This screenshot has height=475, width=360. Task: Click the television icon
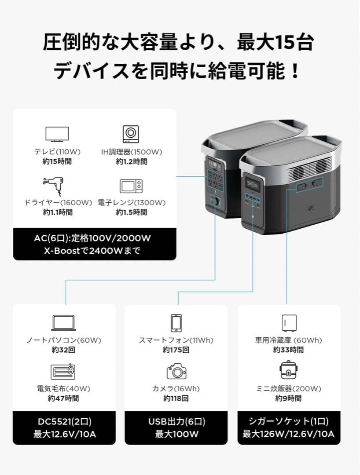pos(57,135)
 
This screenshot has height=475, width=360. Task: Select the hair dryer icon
pos(53,186)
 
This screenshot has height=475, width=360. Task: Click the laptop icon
pos(64,322)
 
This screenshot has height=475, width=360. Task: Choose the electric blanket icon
pos(64,372)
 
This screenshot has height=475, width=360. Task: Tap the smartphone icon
pos(176,323)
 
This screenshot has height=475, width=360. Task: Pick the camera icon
pos(176,372)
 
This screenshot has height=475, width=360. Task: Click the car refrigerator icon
pos(288,323)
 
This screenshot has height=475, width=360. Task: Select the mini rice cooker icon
pos(289,370)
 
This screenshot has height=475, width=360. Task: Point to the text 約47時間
pos(63,398)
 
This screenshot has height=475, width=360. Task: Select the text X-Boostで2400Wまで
pos(95,251)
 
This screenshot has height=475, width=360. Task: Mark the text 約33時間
pos(288,350)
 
